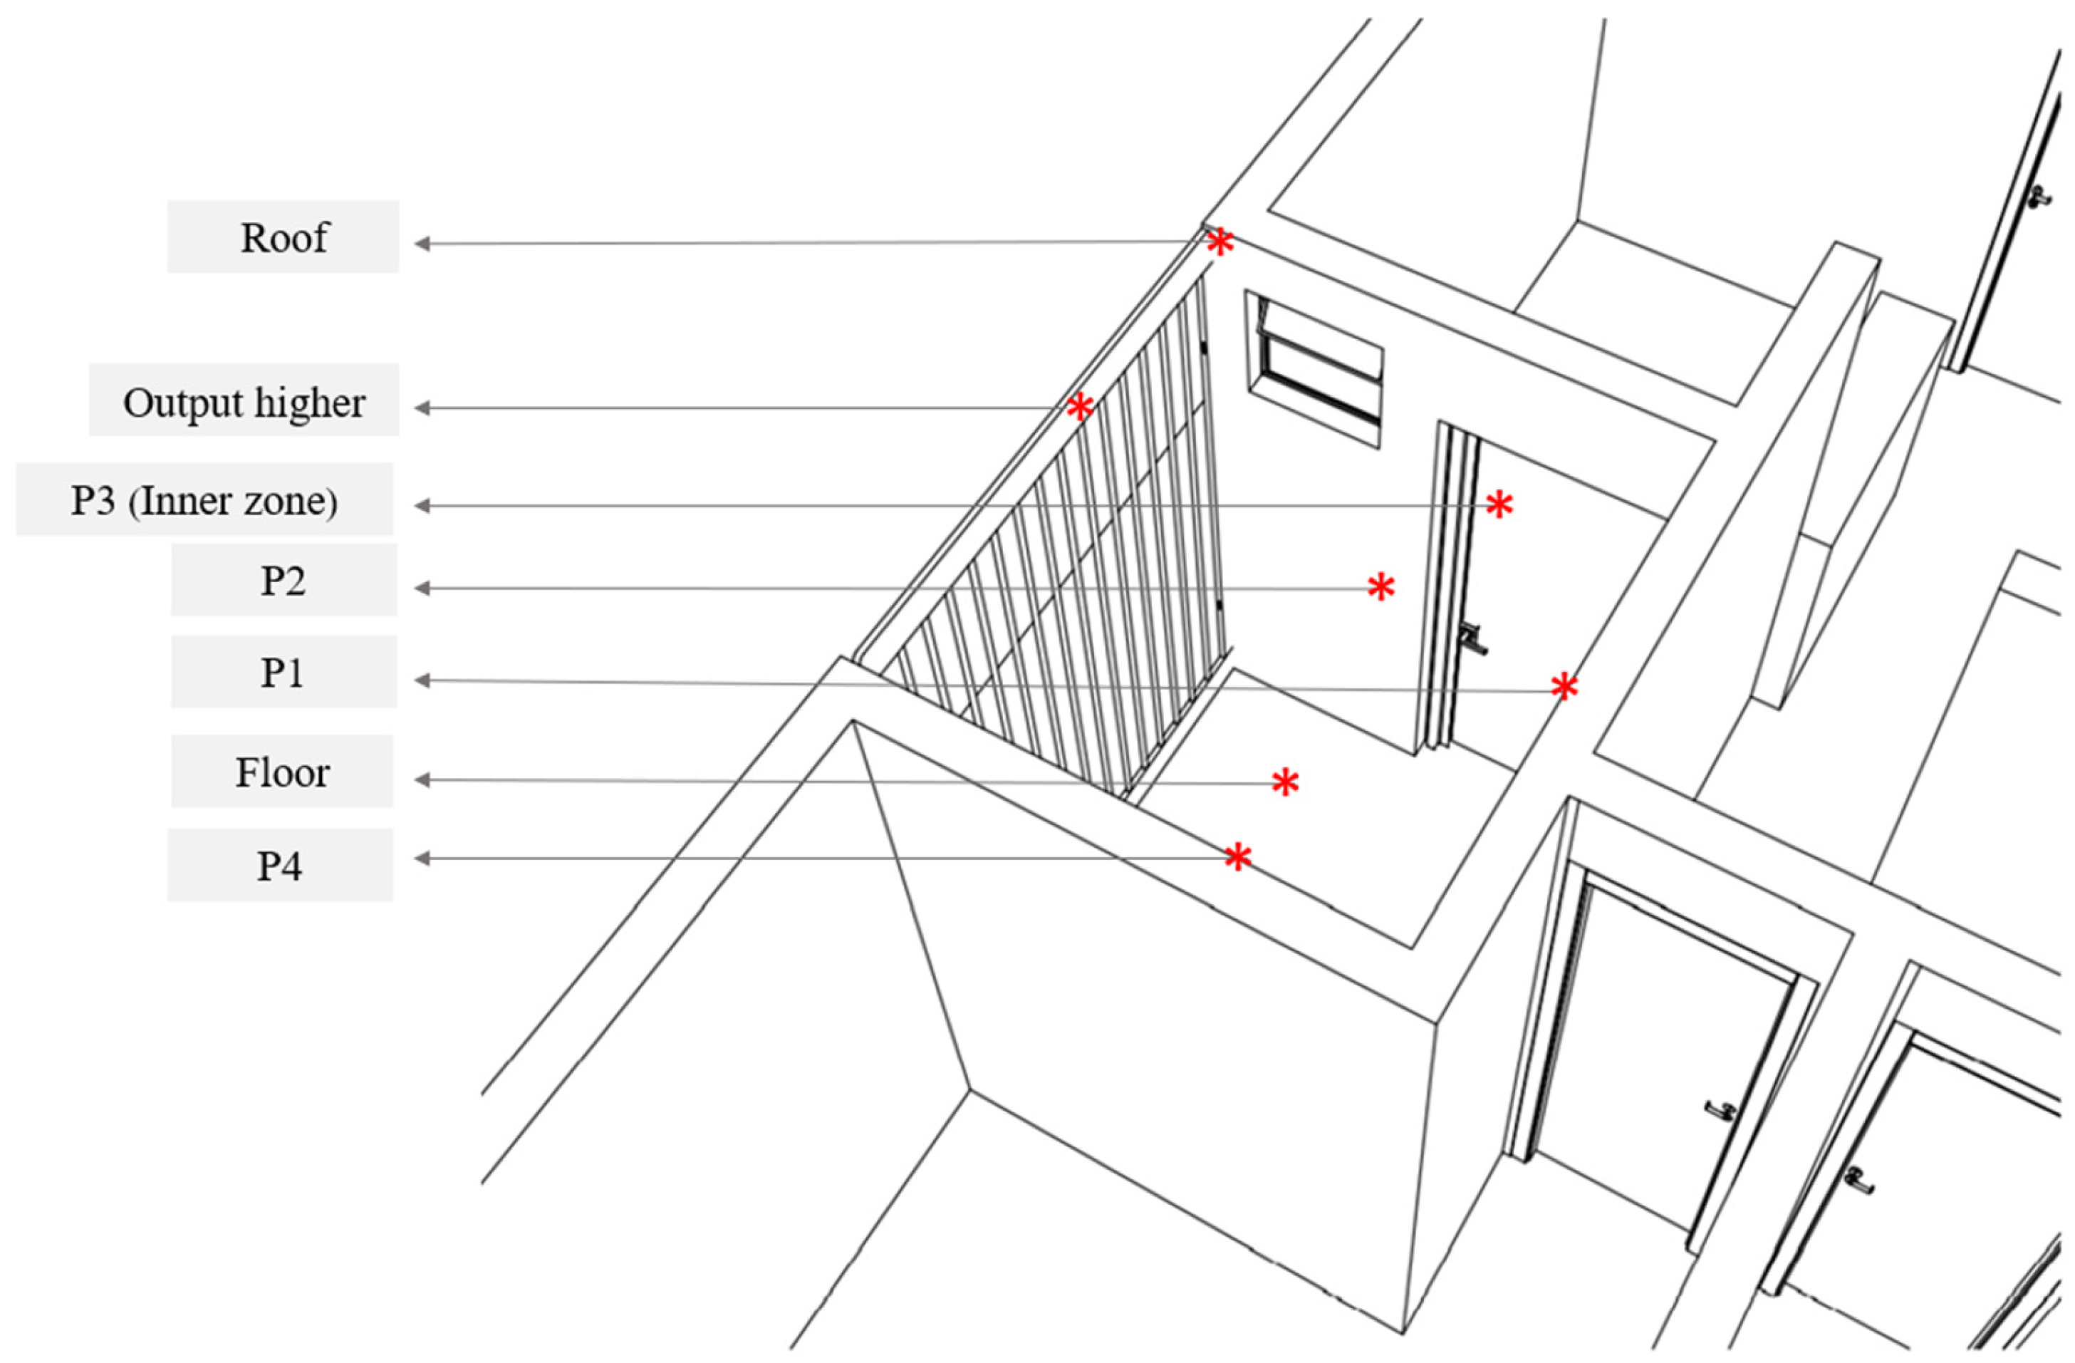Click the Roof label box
284,237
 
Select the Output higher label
244,401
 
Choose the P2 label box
284,581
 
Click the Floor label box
281,772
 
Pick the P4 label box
280,865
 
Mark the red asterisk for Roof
1219,242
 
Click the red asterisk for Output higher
1079,406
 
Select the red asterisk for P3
1499,505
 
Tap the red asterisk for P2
1381,587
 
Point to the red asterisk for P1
1564,687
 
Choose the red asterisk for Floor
1285,782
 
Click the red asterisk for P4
1237,857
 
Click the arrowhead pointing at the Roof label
422,244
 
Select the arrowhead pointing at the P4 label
422,859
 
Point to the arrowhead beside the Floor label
422,780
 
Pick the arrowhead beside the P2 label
422,589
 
